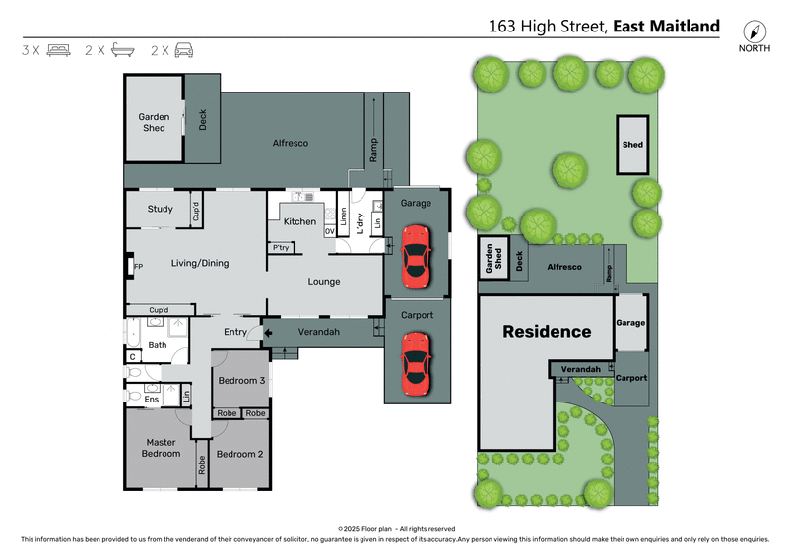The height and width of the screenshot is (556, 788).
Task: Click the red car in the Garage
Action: pyautogui.click(x=416, y=256)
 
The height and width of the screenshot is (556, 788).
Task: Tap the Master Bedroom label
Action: pyautogui.click(x=162, y=448)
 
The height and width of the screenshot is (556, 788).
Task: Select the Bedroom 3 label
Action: pyautogui.click(x=241, y=381)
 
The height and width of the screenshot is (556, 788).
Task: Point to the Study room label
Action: pyautogui.click(x=161, y=209)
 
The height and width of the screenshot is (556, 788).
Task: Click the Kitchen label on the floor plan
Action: pyautogui.click(x=299, y=221)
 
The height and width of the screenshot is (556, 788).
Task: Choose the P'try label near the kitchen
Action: pyautogui.click(x=281, y=247)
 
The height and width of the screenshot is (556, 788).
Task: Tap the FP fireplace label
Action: pyautogui.click(x=138, y=266)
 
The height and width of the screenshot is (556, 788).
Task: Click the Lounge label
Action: pyautogui.click(x=324, y=282)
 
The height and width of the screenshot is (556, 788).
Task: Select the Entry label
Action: pyautogui.click(x=235, y=332)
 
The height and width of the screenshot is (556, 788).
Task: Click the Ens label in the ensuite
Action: pyautogui.click(x=152, y=399)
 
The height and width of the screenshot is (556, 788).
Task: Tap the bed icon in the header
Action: pyautogui.click(x=58, y=50)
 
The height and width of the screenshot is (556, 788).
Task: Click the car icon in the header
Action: pyautogui.click(x=183, y=50)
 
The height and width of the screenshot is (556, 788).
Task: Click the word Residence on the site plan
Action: pyautogui.click(x=547, y=332)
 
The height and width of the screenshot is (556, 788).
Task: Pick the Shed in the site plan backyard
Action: pyautogui.click(x=632, y=145)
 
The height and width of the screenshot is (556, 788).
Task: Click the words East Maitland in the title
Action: pyautogui.click(x=666, y=27)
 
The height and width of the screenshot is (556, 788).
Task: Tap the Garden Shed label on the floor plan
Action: pyautogui.click(x=154, y=122)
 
